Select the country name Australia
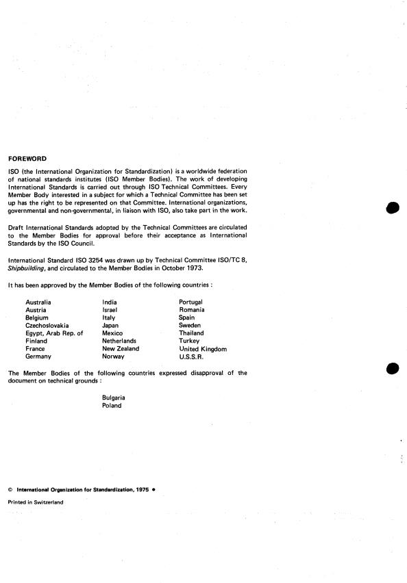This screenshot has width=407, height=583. [x=38, y=302]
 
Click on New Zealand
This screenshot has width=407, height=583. [x=121, y=349]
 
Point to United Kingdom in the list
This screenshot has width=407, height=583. [x=203, y=349]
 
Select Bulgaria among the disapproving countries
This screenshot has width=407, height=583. [x=114, y=398]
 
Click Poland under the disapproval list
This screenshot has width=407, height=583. [x=112, y=406]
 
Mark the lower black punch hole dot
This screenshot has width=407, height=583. [x=393, y=368]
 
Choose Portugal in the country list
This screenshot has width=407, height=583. [x=190, y=302]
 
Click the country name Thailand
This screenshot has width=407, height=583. [x=191, y=333]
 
